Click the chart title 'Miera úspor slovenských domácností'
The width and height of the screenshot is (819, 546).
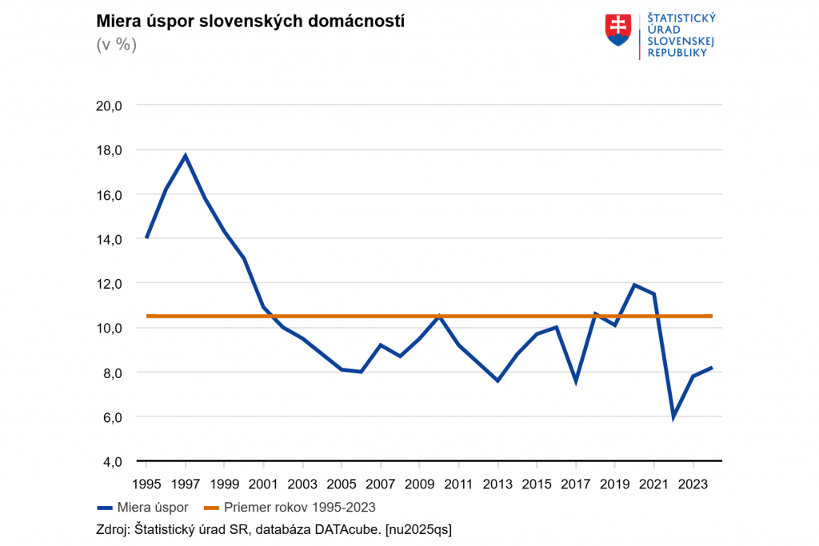pyautogui.click(x=250, y=22)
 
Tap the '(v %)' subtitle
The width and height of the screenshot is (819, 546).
pyautogui.click(x=117, y=45)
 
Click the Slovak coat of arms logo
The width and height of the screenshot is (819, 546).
pyautogui.click(x=618, y=30)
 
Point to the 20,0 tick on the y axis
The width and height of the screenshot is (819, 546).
pyautogui.click(x=107, y=106)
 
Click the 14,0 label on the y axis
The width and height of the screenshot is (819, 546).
pyautogui.click(x=107, y=239)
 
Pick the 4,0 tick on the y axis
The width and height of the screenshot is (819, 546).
pyautogui.click(x=110, y=462)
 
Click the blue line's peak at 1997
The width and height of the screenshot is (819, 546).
pyautogui.click(x=186, y=155)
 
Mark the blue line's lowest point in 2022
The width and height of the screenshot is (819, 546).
pyautogui.click(x=673, y=416)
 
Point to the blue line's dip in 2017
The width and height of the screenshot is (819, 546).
pyautogui.click(x=576, y=381)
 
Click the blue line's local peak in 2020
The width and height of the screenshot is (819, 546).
pyautogui.click(x=634, y=285)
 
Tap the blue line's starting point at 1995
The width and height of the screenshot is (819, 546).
pyautogui.click(x=147, y=237)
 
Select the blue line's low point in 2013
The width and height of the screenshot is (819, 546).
pyautogui.click(x=497, y=381)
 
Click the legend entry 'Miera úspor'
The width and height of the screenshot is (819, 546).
pyautogui.click(x=152, y=507)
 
